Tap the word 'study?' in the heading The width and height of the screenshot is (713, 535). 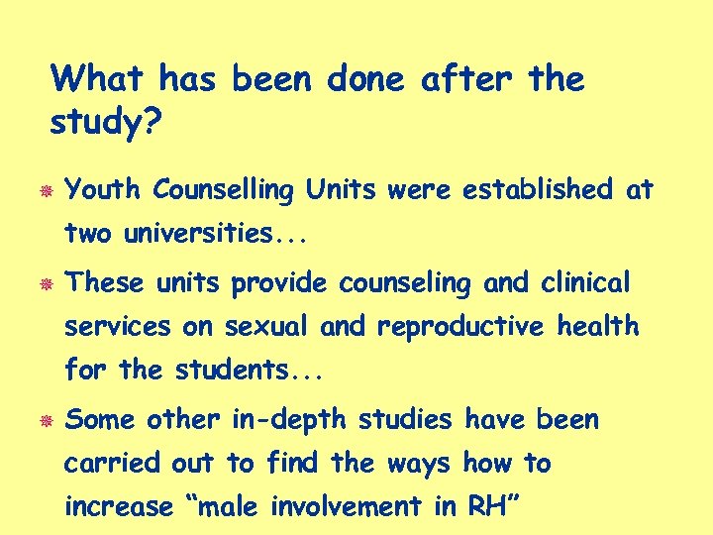[x=97, y=124]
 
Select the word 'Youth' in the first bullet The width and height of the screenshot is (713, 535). [x=104, y=189]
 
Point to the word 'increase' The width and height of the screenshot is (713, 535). [x=119, y=507]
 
